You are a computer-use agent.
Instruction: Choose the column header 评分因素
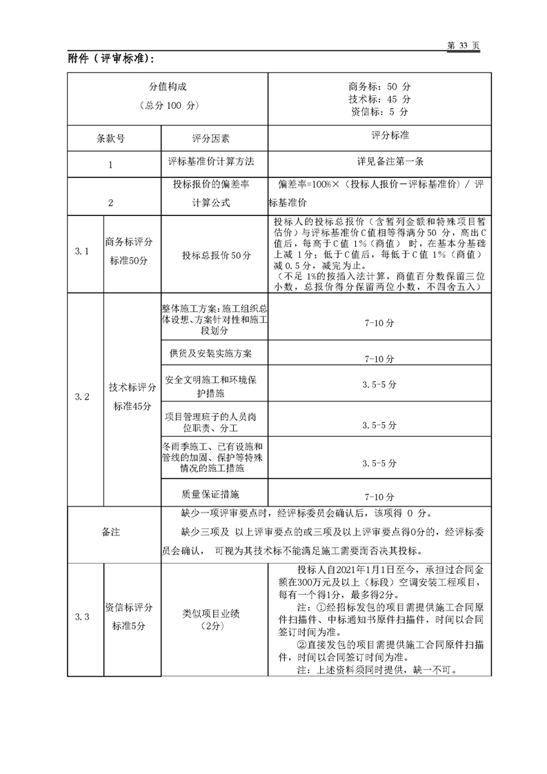click(x=214, y=137)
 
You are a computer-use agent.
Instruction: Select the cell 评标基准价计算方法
click(x=214, y=162)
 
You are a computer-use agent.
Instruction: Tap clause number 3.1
click(x=82, y=252)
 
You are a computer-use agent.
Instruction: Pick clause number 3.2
click(x=82, y=397)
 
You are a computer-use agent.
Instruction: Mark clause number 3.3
click(x=82, y=616)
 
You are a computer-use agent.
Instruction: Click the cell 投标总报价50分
click(x=214, y=255)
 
